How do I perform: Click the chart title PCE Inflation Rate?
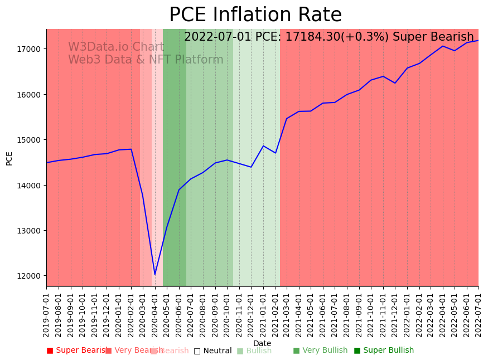click(255, 15)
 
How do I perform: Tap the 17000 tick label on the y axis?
click(30, 49)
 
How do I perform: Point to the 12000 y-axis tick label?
click(30, 276)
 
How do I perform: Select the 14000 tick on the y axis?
click(30, 185)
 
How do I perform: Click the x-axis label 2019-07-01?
click(47, 315)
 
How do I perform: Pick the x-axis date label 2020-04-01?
click(155, 315)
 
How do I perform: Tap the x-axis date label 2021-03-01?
click(287, 315)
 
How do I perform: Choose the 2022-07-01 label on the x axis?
click(479, 315)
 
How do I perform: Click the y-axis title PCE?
click(9, 158)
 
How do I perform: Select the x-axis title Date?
click(262, 343)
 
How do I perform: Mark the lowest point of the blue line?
click(155, 274)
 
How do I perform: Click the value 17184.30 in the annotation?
click(308, 37)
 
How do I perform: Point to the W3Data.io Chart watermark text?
click(116, 47)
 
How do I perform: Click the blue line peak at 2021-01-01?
click(263, 146)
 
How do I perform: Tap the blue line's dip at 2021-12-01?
click(395, 83)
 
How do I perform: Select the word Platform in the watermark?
click(199, 60)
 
